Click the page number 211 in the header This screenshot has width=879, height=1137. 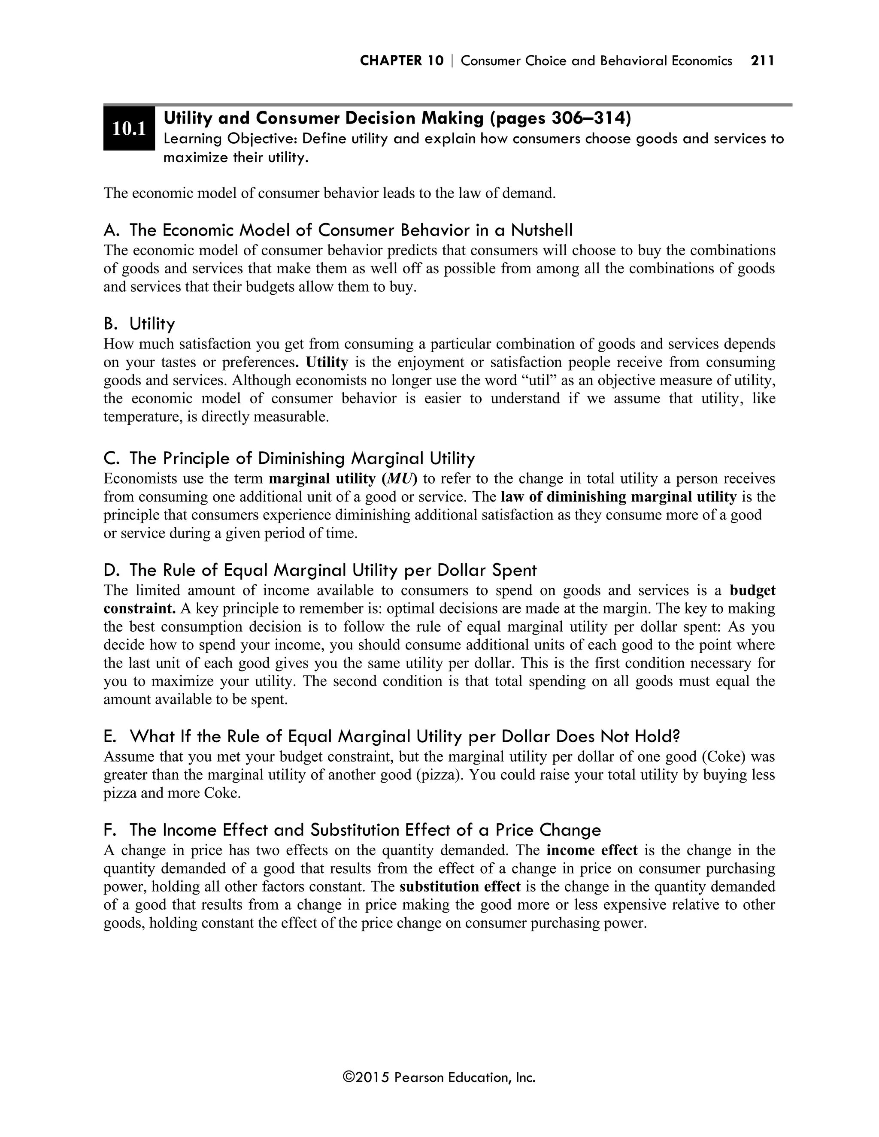coord(762,61)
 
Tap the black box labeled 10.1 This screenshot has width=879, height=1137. coord(129,128)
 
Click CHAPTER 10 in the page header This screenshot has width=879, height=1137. coord(401,61)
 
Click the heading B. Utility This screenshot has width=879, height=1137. coord(139,324)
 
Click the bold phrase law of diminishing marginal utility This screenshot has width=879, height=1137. coord(618,497)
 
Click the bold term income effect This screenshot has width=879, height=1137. coord(591,850)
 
